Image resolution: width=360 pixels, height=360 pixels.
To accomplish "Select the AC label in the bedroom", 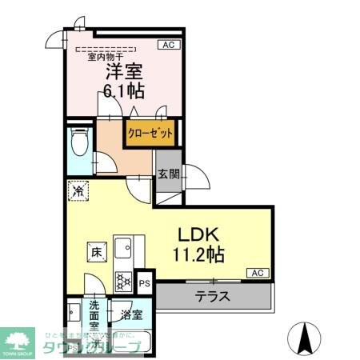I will [x=169, y=46].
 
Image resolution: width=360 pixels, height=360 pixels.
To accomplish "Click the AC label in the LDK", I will [x=258, y=274].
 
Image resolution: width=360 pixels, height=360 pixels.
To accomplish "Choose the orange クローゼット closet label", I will [x=149, y=132].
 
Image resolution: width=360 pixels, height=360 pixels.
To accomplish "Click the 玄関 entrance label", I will [x=167, y=175].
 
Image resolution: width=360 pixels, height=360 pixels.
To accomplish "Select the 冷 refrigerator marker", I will [x=78, y=192].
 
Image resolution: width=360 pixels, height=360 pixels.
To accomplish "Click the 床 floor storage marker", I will [x=95, y=253].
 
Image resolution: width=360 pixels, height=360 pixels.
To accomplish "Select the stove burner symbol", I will [x=124, y=280].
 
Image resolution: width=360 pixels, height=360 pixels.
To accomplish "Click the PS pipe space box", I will [x=145, y=282].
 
